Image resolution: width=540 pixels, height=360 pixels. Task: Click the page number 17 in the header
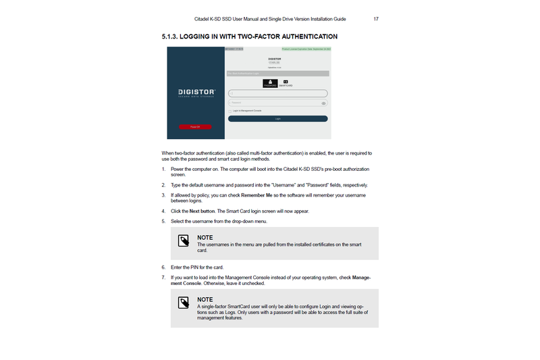pos(375,19)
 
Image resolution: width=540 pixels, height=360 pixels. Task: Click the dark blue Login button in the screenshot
pos(277,118)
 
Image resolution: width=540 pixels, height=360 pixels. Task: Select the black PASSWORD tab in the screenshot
pos(269,83)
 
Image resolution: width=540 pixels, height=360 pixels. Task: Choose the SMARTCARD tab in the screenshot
pos(286,84)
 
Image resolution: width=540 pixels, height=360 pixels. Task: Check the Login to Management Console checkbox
pos(230,110)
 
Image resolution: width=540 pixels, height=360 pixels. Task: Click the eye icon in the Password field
pos(323,103)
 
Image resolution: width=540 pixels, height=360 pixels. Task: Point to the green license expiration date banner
pos(306,49)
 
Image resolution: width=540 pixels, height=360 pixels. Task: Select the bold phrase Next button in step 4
pos(203,211)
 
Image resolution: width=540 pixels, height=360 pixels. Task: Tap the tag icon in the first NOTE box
pos(183,241)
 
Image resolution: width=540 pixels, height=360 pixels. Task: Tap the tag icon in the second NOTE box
pos(183,303)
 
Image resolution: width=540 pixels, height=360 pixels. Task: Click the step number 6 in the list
pos(163,267)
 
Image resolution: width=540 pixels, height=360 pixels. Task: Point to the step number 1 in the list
pos(163,169)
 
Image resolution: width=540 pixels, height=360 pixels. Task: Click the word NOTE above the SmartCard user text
pos(205,299)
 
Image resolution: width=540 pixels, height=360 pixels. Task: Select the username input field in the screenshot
pos(277,93)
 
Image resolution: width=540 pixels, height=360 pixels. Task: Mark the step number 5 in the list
pos(163,221)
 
